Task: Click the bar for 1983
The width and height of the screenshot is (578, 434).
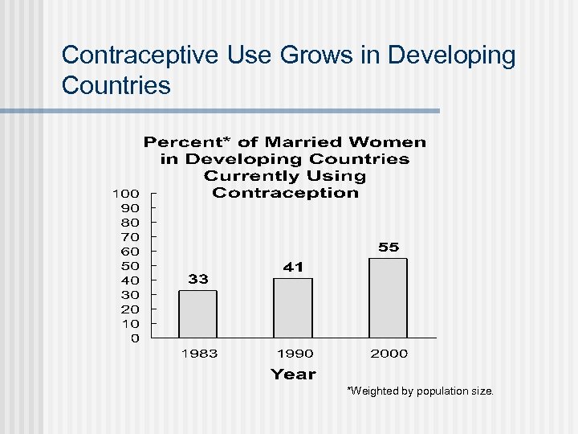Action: click(x=197, y=313)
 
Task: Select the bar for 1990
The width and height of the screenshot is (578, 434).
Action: click(x=293, y=308)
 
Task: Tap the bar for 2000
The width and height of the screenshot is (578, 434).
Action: click(x=388, y=297)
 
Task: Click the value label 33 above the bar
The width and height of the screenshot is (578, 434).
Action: click(x=198, y=279)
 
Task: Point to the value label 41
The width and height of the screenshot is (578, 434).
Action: click(x=293, y=267)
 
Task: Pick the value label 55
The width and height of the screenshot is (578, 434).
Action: click(x=389, y=247)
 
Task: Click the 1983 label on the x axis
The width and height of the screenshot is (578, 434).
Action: click(x=199, y=354)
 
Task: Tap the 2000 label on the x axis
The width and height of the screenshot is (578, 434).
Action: click(x=389, y=354)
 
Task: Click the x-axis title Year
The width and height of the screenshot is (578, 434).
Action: click(x=293, y=374)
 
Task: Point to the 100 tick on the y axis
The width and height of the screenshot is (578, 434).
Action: click(x=126, y=193)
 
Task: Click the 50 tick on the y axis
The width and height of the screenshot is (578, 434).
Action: click(x=129, y=265)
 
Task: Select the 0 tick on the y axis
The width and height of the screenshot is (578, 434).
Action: click(x=134, y=338)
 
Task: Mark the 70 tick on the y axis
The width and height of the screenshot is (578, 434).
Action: click(x=129, y=236)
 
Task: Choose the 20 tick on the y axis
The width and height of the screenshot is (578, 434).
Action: click(x=129, y=309)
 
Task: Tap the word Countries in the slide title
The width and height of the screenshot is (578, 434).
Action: click(x=116, y=85)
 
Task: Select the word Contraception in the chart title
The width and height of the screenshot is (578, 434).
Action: click(x=285, y=193)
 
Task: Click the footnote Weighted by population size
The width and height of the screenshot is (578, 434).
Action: click(x=420, y=391)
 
